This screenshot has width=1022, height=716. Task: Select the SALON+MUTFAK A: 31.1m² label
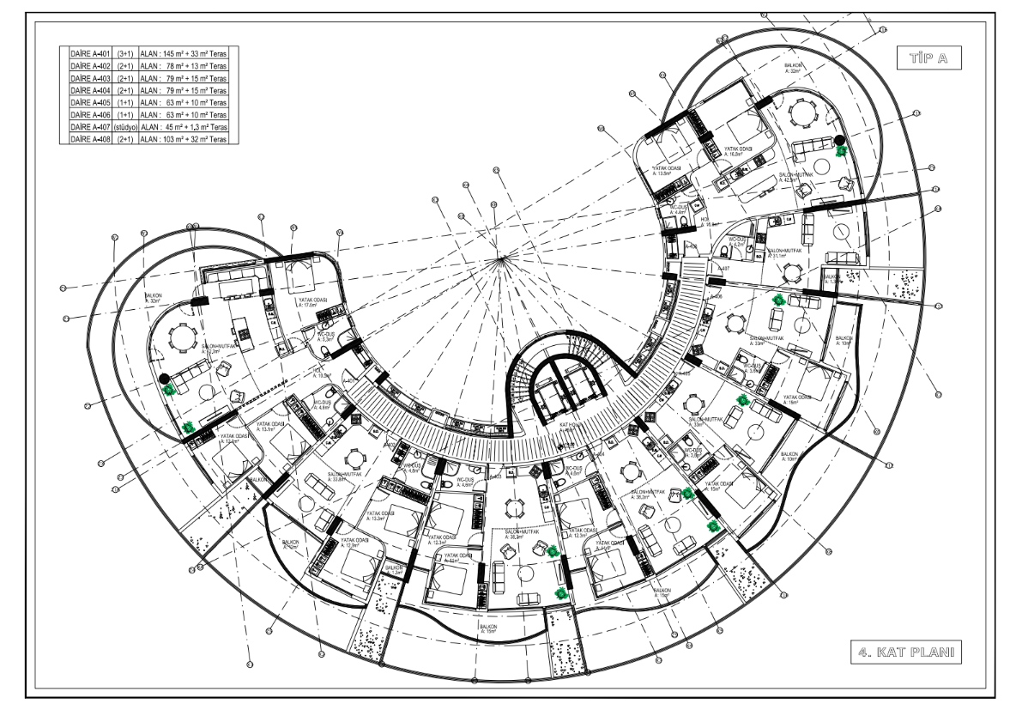(x=784, y=254)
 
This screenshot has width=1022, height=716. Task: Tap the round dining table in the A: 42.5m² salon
(x=801, y=112)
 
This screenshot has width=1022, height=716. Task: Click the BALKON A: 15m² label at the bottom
(x=488, y=629)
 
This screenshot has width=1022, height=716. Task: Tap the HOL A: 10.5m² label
(x=323, y=374)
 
